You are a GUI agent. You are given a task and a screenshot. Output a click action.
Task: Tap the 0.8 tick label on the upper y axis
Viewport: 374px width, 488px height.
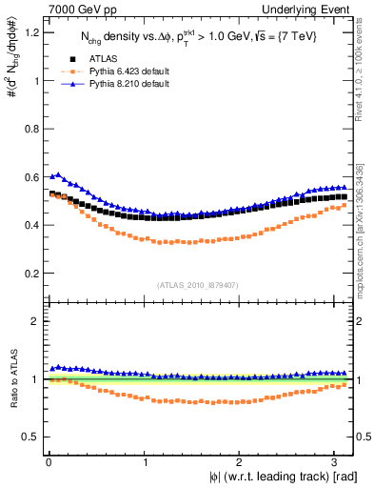27,129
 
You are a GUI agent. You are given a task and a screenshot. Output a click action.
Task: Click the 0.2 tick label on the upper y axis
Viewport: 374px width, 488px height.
27,274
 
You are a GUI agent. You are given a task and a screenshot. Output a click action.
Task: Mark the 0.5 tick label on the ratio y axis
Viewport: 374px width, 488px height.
27,437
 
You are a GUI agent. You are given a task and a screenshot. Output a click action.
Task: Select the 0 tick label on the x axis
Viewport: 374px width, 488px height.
49,461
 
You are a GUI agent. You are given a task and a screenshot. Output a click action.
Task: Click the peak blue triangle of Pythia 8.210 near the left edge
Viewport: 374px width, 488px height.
59,174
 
